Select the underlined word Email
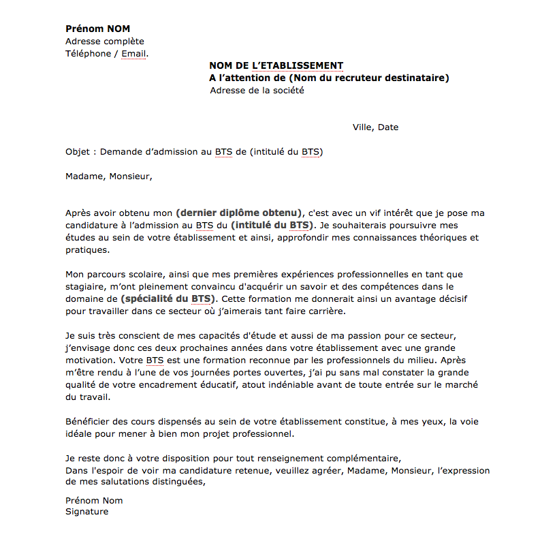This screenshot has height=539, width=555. click(x=133, y=54)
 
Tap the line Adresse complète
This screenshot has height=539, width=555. click(x=104, y=42)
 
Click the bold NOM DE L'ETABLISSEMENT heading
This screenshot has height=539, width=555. click(x=276, y=66)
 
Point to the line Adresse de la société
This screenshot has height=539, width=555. click(x=257, y=91)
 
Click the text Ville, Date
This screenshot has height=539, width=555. click(x=375, y=127)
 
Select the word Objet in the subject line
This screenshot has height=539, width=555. click(x=77, y=152)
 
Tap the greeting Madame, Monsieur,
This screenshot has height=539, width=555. click(x=109, y=176)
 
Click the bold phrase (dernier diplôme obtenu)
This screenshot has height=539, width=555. click(x=238, y=213)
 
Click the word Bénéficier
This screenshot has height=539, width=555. click(x=88, y=422)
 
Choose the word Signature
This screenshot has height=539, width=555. click(x=86, y=512)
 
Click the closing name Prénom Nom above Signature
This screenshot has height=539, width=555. click(x=94, y=500)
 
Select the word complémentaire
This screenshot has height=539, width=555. click(x=360, y=459)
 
